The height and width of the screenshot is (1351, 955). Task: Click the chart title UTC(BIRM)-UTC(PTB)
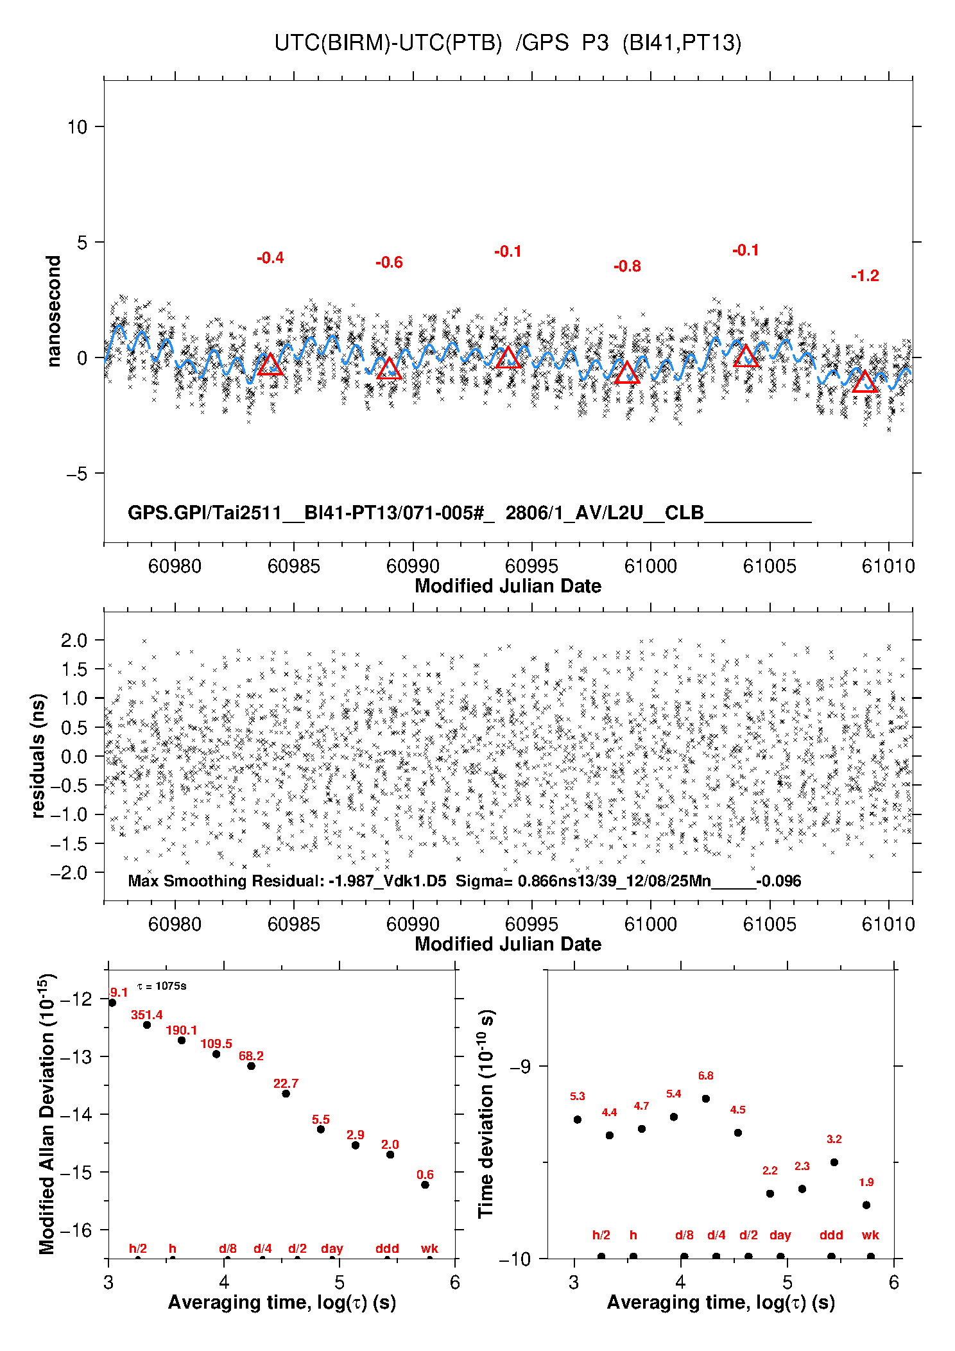click(x=388, y=43)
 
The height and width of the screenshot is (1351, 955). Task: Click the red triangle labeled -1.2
click(x=865, y=383)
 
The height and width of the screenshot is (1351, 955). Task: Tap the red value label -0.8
click(x=627, y=266)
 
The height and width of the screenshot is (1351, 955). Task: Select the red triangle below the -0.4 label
click(x=270, y=365)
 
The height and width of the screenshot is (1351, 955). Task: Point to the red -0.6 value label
click(x=389, y=262)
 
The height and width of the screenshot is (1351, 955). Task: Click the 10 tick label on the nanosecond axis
click(x=77, y=127)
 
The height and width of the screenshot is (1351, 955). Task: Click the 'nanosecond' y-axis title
click(x=53, y=311)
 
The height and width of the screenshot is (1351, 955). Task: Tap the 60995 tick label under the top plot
click(x=531, y=566)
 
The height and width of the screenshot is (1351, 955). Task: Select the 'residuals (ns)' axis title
click(x=39, y=755)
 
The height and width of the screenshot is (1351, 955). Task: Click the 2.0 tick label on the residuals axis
click(x=74, y=640)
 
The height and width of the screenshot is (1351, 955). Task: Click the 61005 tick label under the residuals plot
click(x=770, y=924)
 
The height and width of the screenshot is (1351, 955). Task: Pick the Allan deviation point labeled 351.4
click(x=147, y=1025)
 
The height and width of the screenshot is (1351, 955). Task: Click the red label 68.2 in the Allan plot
click(x=251, y=1056)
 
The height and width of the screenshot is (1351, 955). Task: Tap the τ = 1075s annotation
click(x=162, y=986)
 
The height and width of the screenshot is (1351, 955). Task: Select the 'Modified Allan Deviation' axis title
click(x=47, y=1114)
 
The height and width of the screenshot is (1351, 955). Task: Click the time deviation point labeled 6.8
click(x=706, y=1099)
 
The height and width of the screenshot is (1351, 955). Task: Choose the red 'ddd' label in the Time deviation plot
click(x=831, y=1235)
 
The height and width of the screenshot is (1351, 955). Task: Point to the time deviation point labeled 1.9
click(x=866, y=1205)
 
